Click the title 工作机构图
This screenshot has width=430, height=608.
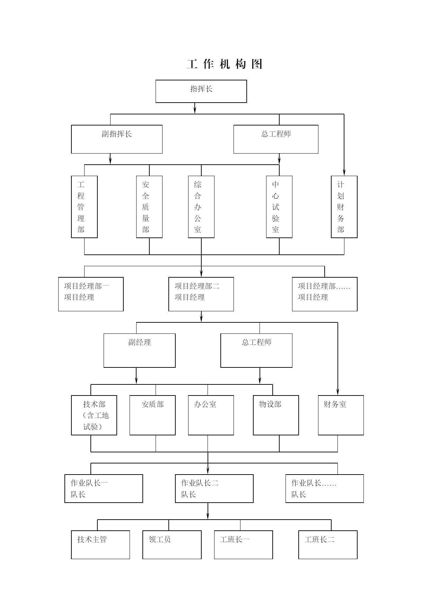(x=225, y=64)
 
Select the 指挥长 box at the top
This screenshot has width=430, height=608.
(x=201, y=91)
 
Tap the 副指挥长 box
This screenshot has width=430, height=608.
(x=117, y=139)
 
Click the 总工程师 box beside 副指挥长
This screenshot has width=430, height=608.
(x=276, y=139)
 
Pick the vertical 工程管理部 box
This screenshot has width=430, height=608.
(x=84, y=207)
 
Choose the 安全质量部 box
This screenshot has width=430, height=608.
(x=149, y=207)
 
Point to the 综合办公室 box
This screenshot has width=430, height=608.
(x=201, y=207)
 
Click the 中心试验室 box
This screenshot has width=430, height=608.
(x=279, y=207)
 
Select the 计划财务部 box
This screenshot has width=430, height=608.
(x=344, y=207)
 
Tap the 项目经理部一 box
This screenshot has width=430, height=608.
(x=91, y=294)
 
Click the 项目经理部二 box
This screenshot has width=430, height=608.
(x=201, y=294)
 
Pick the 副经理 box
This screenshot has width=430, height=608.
(x=139, y=350)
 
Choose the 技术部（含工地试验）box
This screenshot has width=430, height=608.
(x=94, y=415)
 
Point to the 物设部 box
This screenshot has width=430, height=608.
(x=276, y=415)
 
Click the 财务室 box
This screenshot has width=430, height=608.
(x=341, y=415)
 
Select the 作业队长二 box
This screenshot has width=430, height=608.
(x=214, y=488)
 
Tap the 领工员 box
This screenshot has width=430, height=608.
(x=172, y=545)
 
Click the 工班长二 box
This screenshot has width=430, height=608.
(x=328, y=545)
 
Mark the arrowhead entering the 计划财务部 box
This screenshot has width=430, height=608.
(x=344, y=172)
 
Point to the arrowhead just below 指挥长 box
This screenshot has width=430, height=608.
(x=195, y=110)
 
